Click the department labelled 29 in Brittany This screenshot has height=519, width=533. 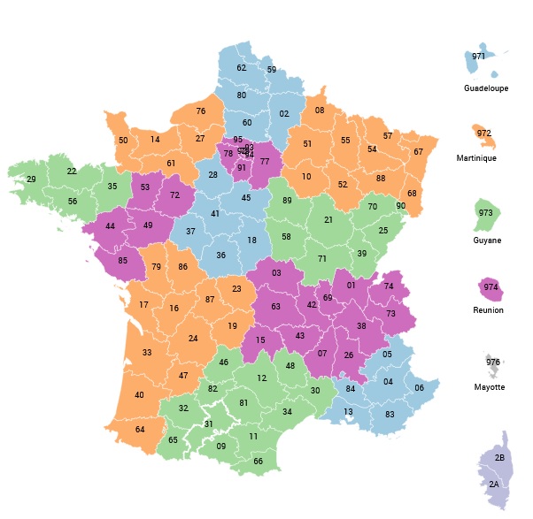(31, 179)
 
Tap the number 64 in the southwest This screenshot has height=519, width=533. (139, 429)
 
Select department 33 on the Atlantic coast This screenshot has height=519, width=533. (147, 353)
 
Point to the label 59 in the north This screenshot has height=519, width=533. (272, 70)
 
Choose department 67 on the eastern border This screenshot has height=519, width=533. (418, 151)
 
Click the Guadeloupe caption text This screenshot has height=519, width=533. (486, 88)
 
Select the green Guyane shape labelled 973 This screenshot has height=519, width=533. (484, 213)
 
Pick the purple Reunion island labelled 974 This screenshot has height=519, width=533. (490, 287)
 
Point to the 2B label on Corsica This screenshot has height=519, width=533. (499, 458)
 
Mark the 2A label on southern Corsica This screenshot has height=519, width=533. (492, 485)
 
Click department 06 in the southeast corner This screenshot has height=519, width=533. (420, 388)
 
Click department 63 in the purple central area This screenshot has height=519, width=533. (276, 307)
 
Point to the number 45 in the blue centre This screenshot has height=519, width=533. (246, 197)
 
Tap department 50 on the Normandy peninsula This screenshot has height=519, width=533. (123, 140)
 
